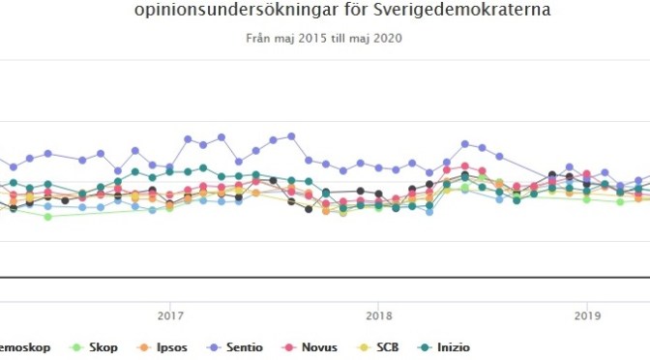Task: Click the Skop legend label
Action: pos(103,345)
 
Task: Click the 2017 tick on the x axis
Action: pos(170,314)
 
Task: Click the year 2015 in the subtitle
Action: pos(310,39)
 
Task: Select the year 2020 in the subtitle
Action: pos(387,39)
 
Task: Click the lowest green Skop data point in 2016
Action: pos(47,217)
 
